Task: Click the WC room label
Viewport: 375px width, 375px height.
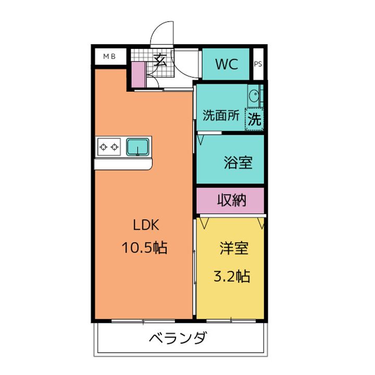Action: [227, 64]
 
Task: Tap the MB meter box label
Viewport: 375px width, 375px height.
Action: [109, 56]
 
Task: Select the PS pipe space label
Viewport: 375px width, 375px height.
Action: [258, 64]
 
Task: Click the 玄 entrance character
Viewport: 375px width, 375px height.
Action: [160, 60]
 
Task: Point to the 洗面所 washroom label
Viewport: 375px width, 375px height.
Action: [221, 116]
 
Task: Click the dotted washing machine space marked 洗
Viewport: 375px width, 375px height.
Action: [254, 119]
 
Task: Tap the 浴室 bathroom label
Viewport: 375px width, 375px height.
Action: [238, 162]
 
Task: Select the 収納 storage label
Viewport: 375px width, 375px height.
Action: [231, 200]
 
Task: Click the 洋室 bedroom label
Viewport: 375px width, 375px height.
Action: [234, 248]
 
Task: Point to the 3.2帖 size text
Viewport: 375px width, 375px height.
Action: [231, 276]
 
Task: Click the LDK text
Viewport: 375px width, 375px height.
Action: [146, 225]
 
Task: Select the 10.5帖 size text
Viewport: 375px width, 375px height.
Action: [144, 247]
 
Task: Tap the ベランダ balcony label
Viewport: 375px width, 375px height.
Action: [178, 337]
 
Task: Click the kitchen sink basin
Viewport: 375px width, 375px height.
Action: [137, 147]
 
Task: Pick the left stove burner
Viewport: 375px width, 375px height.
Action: [103, 147]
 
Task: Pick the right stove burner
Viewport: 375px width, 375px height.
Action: [115, 147]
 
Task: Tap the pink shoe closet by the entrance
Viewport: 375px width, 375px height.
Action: [138, 74]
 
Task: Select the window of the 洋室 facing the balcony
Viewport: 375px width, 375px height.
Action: [231, 320]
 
